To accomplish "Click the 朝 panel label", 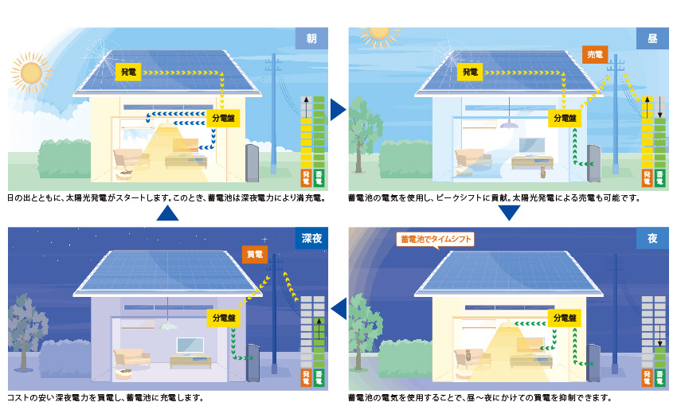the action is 311,38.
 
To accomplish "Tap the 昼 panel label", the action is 652,38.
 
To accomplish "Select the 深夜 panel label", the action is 311,238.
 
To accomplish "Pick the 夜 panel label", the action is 652,238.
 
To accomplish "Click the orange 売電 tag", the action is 595,54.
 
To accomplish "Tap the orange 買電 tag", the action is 254,254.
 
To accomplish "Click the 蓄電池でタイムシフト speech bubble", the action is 435,240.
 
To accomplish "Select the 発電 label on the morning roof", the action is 128,72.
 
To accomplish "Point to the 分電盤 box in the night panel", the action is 565,318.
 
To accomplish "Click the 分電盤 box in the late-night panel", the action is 224,318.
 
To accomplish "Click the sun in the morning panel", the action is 31,72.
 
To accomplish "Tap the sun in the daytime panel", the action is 379,34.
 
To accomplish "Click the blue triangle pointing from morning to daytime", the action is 337,110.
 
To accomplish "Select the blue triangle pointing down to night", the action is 509,213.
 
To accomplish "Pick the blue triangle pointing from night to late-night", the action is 340,309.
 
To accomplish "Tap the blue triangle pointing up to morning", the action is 167,213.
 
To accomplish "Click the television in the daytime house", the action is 531,146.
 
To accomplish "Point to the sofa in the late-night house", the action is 131,357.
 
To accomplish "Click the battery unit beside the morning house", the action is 252,162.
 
